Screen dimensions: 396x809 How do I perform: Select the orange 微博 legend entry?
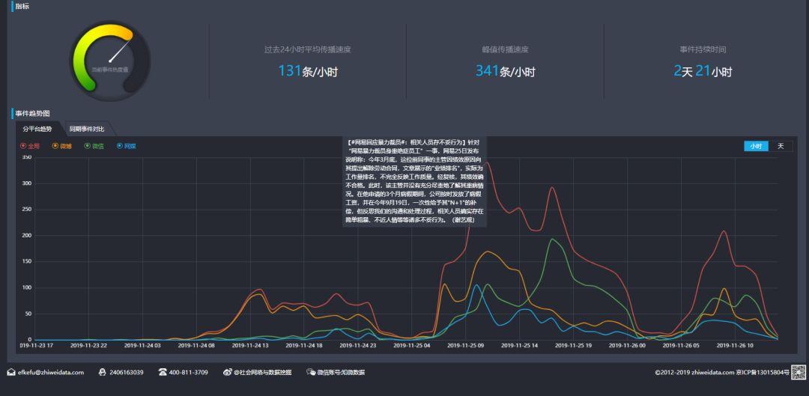tap(62, 146)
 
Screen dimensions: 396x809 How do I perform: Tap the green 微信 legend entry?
tap(94, 146)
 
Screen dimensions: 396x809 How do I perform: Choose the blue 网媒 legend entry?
tap(127, 146)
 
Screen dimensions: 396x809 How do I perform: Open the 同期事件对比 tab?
tap(87, 129)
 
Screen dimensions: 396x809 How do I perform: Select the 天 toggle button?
tap(780, 146)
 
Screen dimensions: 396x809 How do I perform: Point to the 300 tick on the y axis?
tap(26, 183)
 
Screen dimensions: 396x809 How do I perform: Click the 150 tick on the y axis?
tap(26, 261)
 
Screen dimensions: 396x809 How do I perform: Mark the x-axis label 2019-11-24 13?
tap(250, 346)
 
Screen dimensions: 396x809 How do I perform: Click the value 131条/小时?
tap(307, 72)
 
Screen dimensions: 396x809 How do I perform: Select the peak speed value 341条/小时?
tap(505, 72)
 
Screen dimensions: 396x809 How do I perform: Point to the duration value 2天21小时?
tap(702, 72)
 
